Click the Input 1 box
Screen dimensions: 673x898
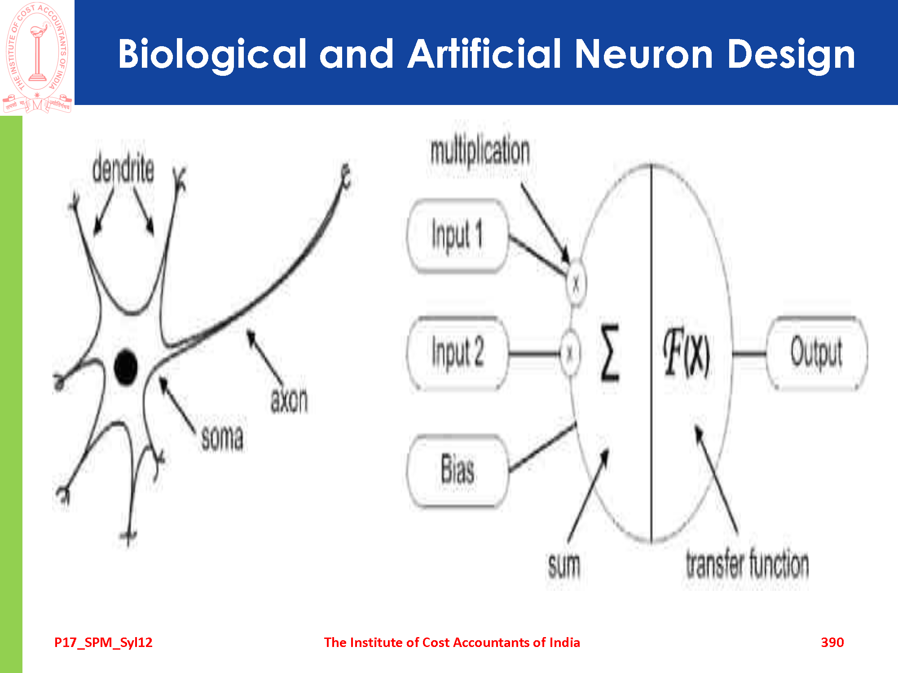(457, 236)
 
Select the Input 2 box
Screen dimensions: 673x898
(457, 353)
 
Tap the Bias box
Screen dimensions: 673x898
(457, 470)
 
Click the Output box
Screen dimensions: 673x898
(816, 353)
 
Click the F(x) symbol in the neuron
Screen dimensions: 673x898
(687, 353)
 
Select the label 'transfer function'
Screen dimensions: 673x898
(747, 564)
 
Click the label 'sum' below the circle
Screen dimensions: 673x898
(564, 566)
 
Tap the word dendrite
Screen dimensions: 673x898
(123, 169)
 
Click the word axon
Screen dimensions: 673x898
(289, 400)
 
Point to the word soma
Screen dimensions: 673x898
(222, 437)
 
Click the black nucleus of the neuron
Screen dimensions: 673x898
(125, 367)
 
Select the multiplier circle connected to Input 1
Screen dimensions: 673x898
(576, 284)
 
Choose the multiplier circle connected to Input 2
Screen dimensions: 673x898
(570, 353)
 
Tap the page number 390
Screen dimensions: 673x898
(832, 642)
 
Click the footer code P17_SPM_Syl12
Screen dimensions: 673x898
(103, 642)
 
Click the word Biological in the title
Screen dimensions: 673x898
(212, 55)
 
